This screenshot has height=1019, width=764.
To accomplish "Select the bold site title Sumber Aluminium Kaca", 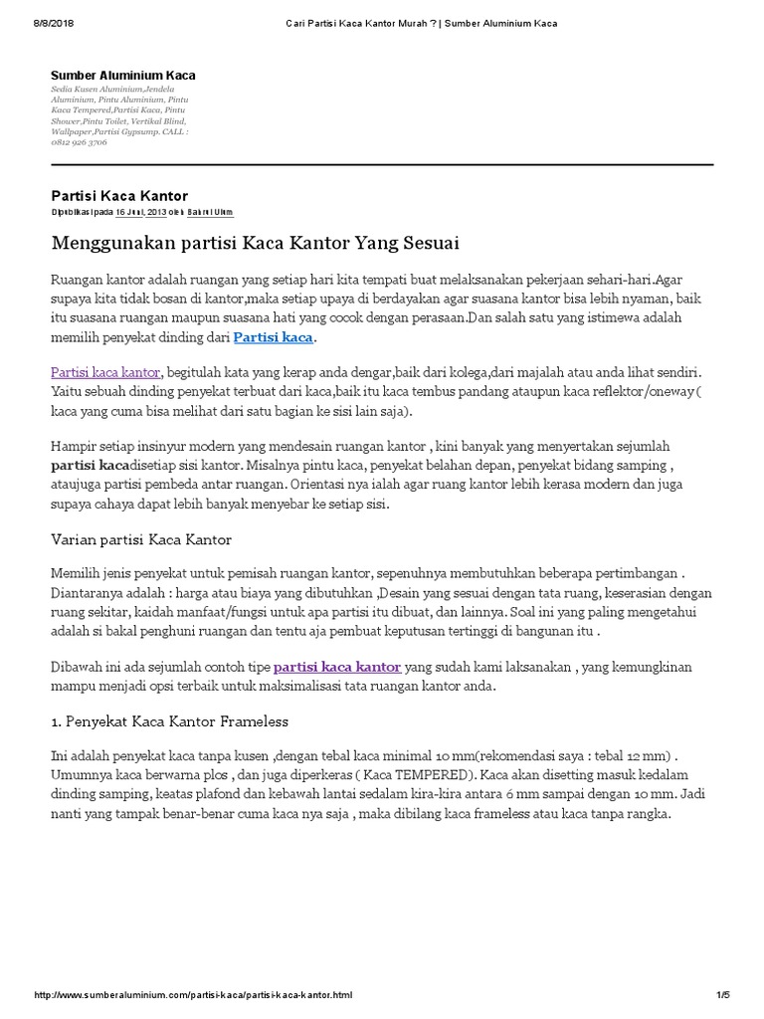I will (x=123, y=75).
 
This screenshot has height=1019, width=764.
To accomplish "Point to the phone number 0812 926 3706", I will (x=80, y=142).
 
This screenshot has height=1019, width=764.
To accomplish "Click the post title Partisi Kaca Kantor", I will (x=119, y=195).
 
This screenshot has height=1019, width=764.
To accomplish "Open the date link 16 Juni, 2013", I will (x=139, y=212).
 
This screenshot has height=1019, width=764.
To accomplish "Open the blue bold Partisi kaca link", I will (x=273, y=338).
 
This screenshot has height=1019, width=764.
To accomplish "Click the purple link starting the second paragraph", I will (x=105, y=371).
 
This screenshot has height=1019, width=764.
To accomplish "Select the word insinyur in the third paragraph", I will (x=163, y=447).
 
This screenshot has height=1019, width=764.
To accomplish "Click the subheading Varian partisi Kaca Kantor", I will (x=140, y=539).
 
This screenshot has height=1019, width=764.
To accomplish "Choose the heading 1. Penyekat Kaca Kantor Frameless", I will (x=169, y=719).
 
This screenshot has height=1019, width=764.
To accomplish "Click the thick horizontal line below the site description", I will (x=382, y=164).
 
